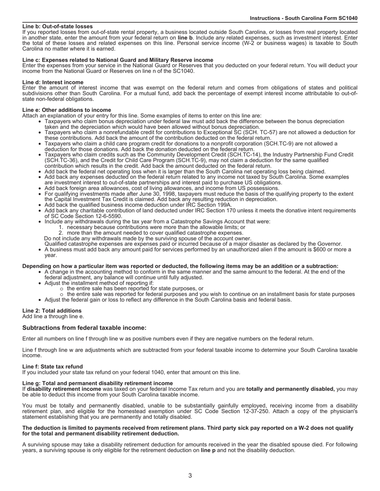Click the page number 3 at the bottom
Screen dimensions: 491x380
pos(190,475)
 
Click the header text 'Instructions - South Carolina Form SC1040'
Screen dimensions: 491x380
pos(304,18)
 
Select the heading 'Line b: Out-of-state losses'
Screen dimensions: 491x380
pos(58,26)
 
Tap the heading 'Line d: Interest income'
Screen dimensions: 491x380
pos(53,82)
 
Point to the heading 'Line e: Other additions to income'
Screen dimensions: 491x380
pos(67,110)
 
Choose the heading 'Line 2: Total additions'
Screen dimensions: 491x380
pos(52,311)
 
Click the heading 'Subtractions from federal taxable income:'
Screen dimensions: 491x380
pos(84,328)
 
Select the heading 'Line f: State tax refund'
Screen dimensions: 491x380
pos(53,366)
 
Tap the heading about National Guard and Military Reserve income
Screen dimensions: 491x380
pos(118,60)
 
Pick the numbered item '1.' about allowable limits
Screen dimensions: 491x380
pos(61,227)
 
